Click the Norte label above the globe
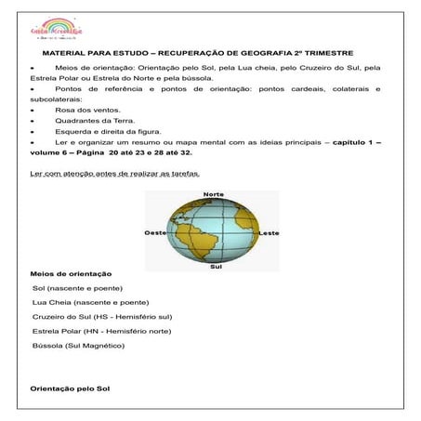[x=213, y=195]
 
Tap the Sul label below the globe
[x=216, y=266]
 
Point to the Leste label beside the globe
[x=269, y=231]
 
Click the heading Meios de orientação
[x=71, y=275]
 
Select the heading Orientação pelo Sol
[x=70, y=387]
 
